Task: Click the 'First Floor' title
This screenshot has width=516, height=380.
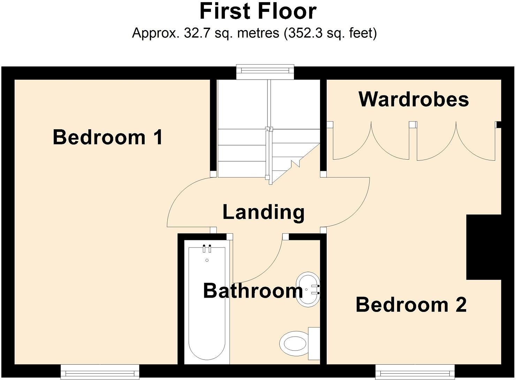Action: coord(258,11)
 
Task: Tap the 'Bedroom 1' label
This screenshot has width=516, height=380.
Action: coord(108,137)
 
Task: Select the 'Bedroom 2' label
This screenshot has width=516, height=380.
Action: coord(411,305)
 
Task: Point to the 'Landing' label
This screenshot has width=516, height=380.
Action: coord(264,212)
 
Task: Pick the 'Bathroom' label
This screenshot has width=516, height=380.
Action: coord(253,291)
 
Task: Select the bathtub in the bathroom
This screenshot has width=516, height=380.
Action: coord(207,304)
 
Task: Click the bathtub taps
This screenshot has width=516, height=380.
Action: coord(207,248)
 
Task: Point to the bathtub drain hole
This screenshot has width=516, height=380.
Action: coord(207,260)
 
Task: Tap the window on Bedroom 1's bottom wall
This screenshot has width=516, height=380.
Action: coord(100,372)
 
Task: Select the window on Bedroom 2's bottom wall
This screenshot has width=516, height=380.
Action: coord(415,372)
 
